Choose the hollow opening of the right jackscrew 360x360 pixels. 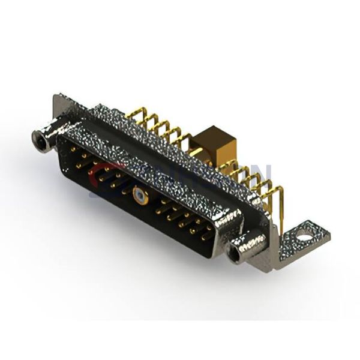pos(234,253)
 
